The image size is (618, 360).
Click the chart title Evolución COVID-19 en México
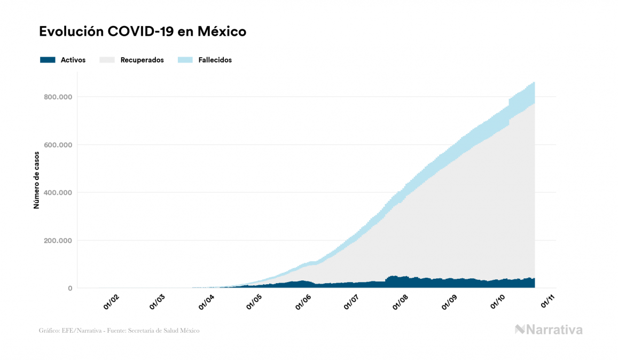pyautogui.click(x=143, y=32)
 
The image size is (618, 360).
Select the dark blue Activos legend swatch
pyautogui.click(x=48, y=60)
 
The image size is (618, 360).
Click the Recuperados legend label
pyautogui.click(x=142, y=60)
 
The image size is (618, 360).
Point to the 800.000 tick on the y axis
pyautogui.click(x=59, y=97)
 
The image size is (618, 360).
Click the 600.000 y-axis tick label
pyautogui.click(x=59, y=145)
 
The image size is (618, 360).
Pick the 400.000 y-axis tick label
pyautogui.click(x=59, y=193)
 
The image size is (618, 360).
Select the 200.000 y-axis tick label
pyautogui.click(x=59, y=240)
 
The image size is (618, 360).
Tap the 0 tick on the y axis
pyautogui.click(x=69, y=288)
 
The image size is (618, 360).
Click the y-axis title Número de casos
pyautogui.click(x=36, y=185)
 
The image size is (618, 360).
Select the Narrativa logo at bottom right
pyautogui.click(x=549, y=330)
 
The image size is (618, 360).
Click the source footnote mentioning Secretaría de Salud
pyautogui.click(x=119, y=331)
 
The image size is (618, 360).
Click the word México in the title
pyautogui.click(x=222, y=32)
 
